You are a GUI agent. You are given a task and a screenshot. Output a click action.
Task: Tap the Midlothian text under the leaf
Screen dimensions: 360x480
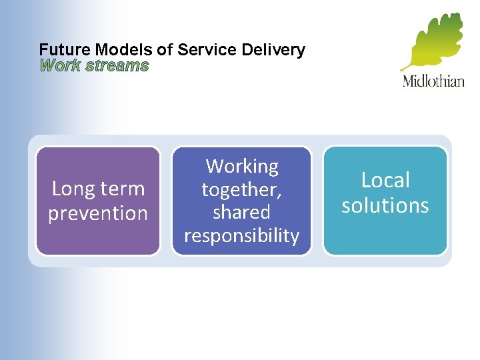point(433,82)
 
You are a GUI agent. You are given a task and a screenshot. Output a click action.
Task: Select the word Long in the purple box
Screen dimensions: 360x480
point(73,189)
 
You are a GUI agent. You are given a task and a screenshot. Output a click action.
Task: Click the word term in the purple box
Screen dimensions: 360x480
point(122,189)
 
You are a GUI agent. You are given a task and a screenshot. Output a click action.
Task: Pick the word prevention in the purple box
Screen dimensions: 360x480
point(98,214)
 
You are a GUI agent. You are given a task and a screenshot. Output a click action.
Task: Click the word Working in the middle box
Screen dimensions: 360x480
point(242,166)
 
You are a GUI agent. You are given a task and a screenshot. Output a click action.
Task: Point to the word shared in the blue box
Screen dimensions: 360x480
point(241,213)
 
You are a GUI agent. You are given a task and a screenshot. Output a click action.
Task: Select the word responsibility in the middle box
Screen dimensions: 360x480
point(241,236)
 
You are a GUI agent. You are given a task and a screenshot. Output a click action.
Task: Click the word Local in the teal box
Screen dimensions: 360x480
point(385,181)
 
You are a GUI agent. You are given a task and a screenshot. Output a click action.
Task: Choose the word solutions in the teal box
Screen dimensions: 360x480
point(385,205)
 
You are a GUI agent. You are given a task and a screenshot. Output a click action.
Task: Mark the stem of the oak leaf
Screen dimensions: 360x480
point(406,67)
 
